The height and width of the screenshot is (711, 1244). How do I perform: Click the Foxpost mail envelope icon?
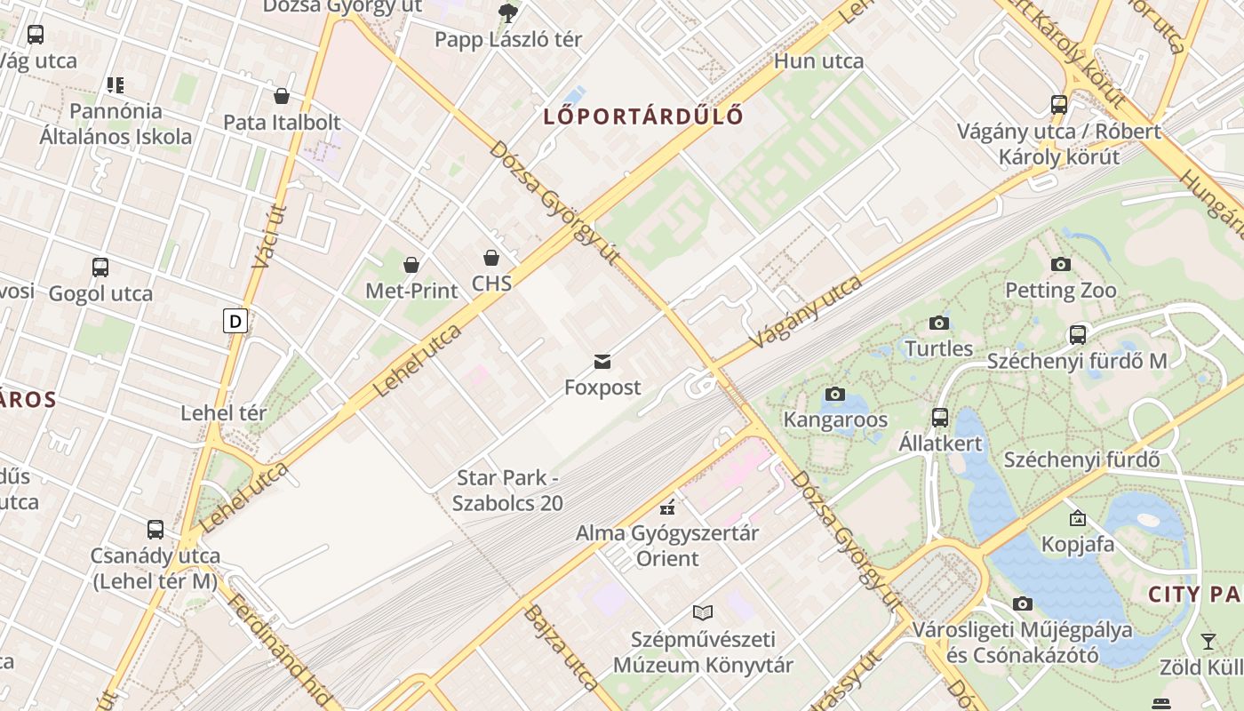[602, 362]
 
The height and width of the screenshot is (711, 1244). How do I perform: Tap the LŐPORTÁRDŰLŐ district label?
[644, 116]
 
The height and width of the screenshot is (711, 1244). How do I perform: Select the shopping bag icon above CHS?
[491, 258]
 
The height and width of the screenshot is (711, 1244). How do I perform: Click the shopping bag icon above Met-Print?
[411, 264]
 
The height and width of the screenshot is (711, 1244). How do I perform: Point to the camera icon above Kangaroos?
[834, 394]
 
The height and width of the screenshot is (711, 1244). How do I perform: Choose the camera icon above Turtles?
[939, 323]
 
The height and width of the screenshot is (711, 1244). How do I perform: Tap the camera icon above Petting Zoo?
[1060, 264]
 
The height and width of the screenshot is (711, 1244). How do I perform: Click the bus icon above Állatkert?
[939, 417]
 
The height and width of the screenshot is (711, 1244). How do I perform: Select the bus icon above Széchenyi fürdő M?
[1077, 335]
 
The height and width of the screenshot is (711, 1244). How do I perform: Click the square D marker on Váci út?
[235, 321]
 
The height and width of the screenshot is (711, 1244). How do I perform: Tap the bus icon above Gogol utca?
[100, 268]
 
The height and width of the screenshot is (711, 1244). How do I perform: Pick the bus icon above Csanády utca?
[155, 530]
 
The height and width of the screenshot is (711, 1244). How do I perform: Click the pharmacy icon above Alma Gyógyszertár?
[666, 507]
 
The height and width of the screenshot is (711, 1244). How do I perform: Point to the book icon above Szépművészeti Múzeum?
[703, 612]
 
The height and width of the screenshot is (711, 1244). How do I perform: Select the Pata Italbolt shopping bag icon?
[282, 96]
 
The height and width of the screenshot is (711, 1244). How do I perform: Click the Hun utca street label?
[818, 61]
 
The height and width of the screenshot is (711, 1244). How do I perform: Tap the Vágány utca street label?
[806, 311]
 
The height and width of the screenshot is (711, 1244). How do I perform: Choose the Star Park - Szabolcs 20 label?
[507, 491]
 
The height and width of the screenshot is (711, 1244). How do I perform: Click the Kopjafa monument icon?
[1077, 517]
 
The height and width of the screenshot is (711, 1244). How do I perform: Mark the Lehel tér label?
[223, 413]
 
